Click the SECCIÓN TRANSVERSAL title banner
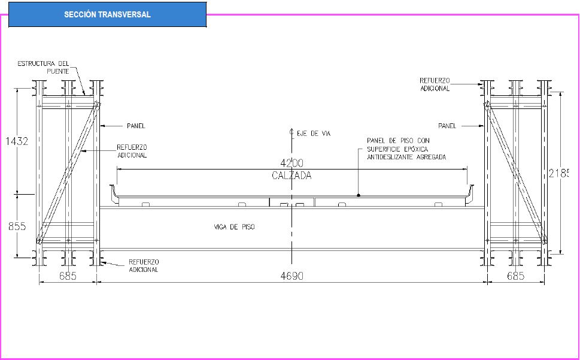point(107,14)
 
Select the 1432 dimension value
point(17,141)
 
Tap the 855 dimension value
point(17,226)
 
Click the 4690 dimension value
point(292,276)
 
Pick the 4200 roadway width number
point(292,163)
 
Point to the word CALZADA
point(292,176)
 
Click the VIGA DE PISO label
point(235,227)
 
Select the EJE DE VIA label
point(314,133)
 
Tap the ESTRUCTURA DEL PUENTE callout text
point(43,67)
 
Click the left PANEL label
point(136,126)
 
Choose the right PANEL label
point(447,126)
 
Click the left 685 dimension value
point(68,276)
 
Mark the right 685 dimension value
point(516,276)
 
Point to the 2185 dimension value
point(558,173)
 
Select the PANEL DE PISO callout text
point(406,149)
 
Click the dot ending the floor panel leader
point(359,195)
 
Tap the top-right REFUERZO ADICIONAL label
point(435,84)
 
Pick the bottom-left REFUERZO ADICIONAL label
point(144,265)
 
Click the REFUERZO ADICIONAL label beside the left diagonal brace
point(132,151)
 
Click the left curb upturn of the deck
point(113,193)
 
